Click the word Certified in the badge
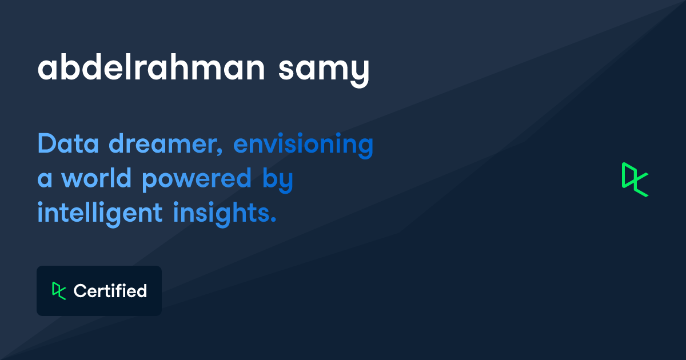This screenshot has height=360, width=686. (110, 291)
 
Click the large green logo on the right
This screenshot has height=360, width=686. (635, 179)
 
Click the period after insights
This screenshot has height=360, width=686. (273, 221)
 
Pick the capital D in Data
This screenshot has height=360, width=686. (46, 144)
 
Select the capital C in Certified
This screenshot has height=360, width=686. (79, 291)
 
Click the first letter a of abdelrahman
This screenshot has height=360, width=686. (47, 70)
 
